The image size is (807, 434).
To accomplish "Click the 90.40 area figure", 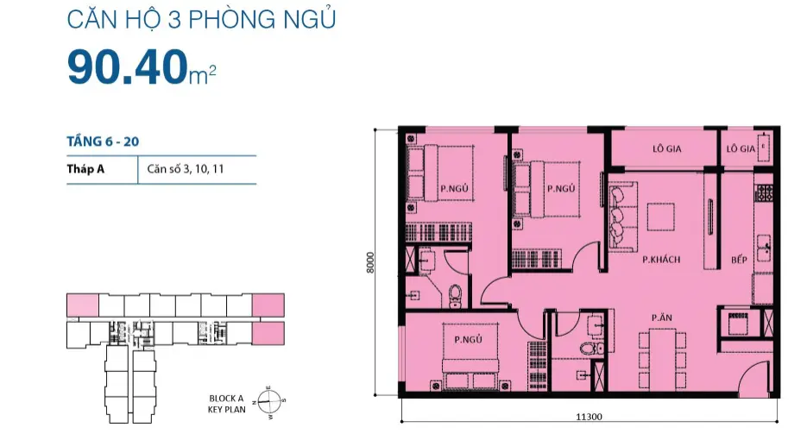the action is [x=127, y=66].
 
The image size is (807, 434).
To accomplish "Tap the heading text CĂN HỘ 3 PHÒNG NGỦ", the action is [x=201, y=19].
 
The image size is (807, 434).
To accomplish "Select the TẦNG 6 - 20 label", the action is [x=103, y=142].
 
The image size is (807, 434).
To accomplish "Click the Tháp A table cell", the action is [x=85, y=169].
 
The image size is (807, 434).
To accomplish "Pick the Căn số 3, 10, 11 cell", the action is [x=186, y=169].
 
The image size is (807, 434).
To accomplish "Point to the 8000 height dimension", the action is [x=370, y=261].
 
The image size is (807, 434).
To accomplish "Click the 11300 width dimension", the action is [x=589, y=417].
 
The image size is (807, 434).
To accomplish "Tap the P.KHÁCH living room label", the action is [x=661, y=260].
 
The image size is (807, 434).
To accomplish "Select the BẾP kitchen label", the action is [x=739, y=260].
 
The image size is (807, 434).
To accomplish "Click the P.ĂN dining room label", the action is [x=662, y=318].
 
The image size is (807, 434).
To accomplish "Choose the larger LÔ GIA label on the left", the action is [x=667, y=148].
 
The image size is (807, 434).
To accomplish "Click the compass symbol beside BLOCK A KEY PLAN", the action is [x=269, y=401].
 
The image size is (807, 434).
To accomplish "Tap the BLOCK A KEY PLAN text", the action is [x=226, y=404].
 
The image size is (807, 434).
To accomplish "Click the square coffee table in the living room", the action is [x=661, y=217].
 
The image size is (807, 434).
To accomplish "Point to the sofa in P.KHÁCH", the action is [x=621, y=217].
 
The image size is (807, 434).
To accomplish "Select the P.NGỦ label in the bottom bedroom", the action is [x=469, y=339].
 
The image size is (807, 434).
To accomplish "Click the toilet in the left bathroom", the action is [x=456, y=296].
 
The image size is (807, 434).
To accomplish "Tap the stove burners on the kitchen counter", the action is [x=764, y=192].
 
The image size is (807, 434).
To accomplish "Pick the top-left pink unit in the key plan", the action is [x=83, y=305].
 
